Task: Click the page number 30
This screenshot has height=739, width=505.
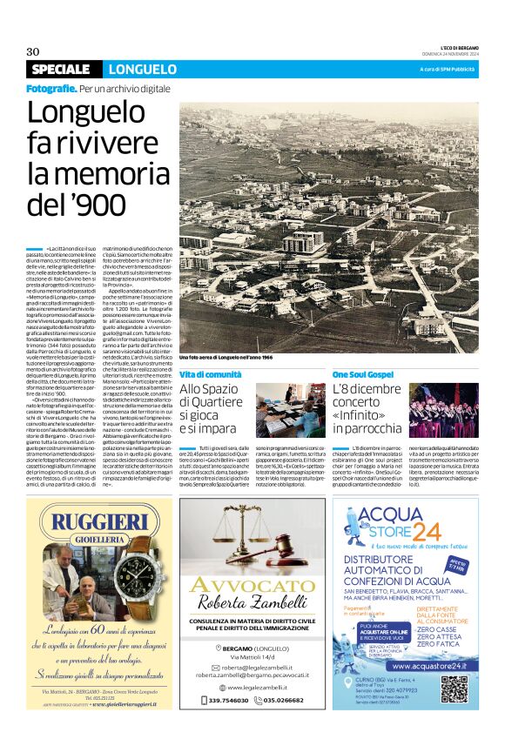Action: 33,50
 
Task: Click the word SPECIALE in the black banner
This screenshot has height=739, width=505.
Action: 64,70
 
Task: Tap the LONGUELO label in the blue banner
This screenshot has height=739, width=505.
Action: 143,70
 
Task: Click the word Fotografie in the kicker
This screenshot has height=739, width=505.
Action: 50,89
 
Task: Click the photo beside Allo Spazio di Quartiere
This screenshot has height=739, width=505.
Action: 286,408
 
